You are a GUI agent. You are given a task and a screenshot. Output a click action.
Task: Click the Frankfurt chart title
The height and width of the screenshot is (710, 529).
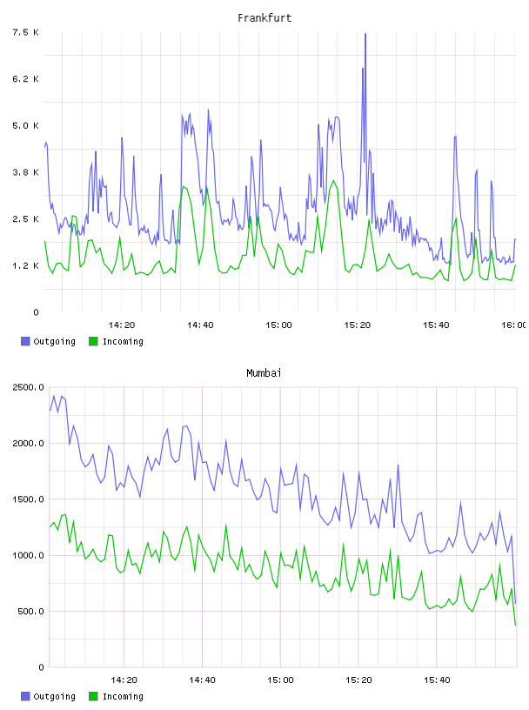[264, 17]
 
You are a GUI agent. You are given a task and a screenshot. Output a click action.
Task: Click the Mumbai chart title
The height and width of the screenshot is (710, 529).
[264, 372]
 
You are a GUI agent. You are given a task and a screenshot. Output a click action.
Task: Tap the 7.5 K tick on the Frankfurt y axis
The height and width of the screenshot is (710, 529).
[25, 32]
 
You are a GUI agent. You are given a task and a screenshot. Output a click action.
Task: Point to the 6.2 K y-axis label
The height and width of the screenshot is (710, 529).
[25, 79]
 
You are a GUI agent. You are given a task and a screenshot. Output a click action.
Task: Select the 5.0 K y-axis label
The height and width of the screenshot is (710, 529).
[25, 125]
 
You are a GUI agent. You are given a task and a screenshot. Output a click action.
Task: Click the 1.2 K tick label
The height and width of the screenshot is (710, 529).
[25, 265]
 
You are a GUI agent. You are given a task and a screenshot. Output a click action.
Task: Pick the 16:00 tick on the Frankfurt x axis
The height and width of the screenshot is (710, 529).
[514, 325]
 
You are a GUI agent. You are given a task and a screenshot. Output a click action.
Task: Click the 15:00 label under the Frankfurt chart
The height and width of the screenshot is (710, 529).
[279, 325]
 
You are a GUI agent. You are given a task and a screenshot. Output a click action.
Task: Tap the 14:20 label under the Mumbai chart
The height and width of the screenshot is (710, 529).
[124, 680]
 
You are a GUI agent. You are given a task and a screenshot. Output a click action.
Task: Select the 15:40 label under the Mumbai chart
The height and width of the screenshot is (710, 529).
[437, 680]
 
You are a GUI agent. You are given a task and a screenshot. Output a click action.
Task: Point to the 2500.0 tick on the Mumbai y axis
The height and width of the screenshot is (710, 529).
[28, 387]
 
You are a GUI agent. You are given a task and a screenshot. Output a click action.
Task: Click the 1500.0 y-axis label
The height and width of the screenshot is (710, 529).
[28, 499]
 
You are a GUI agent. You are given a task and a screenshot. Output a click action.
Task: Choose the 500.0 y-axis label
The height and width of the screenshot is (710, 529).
[30, 612]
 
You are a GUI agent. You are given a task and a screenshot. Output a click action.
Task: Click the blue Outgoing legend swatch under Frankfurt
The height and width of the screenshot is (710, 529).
[25, 341]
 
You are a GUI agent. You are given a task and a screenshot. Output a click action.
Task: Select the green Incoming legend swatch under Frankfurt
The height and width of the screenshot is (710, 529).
[93, 341]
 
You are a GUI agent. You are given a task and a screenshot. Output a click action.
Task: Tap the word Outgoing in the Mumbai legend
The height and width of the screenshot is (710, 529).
[54, 696]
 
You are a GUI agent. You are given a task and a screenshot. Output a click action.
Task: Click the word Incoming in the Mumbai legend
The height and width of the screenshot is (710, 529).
[123, 696]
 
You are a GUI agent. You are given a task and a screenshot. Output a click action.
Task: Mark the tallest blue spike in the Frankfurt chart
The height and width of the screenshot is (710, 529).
[365, 34]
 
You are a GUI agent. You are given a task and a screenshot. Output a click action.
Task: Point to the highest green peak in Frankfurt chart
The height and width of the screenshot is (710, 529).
[334, 181]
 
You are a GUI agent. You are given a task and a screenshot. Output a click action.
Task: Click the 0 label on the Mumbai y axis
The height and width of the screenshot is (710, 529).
[42, 667]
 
